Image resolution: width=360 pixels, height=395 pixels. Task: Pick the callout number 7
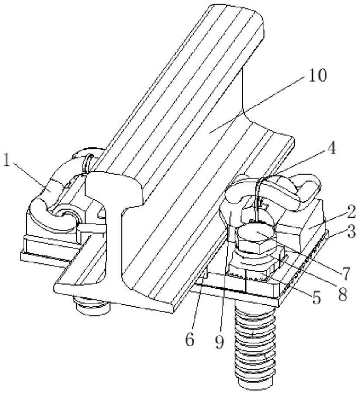345,274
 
